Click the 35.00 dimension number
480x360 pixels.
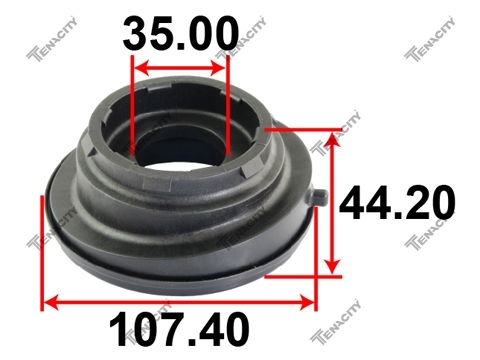point(181,33)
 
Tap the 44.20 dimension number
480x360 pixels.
point(397,203)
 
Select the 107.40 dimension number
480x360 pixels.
point(179,329)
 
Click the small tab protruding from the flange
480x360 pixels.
point(319,198)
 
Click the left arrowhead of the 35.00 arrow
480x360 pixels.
point(141,69)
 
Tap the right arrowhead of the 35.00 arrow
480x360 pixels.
point(219,69)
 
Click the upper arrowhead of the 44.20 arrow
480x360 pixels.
point(332,140)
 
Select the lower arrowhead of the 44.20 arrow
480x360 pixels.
point(332,266)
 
